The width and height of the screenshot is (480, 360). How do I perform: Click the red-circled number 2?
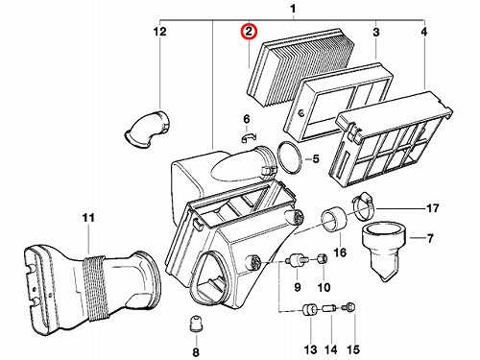point(249,32)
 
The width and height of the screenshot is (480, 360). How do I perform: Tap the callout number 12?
point(160,32)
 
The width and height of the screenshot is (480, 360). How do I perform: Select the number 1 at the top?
point(293,9)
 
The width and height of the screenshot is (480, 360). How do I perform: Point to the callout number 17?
point(433,208)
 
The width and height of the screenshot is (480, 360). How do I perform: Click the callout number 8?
point(196,352)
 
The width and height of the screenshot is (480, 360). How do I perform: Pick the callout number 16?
point(340,252)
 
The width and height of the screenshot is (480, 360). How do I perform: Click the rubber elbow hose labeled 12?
point(148,130)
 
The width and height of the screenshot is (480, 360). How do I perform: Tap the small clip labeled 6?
point(249,136)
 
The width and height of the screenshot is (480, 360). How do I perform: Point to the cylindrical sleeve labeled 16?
point(334,220)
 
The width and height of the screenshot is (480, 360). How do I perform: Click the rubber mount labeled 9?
point(298,259)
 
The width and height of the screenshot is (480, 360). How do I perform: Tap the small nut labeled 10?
point(323,257)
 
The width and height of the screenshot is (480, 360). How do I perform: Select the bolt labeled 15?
point(348,307)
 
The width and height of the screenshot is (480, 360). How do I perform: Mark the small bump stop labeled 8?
point(195,324)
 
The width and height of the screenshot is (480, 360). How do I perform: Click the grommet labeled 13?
point(310,310)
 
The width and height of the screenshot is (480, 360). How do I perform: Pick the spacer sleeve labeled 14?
point(329,309)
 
